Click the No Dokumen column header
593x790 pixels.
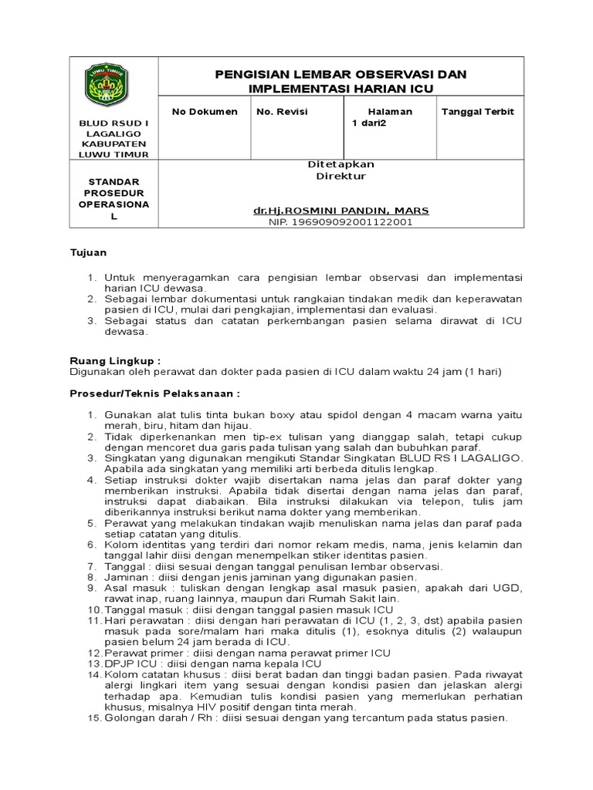[205, 112]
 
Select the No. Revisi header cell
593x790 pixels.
[282, 112]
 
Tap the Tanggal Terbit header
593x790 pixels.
[477, 112]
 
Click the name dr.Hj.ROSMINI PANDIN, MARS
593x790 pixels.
[341, 211]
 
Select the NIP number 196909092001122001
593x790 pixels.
[341, 222]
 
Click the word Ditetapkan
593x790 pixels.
[341, 164]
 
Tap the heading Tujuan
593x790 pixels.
[88, 252]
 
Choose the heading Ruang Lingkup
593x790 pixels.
[116, 360]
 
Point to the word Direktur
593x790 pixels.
[341, 176]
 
